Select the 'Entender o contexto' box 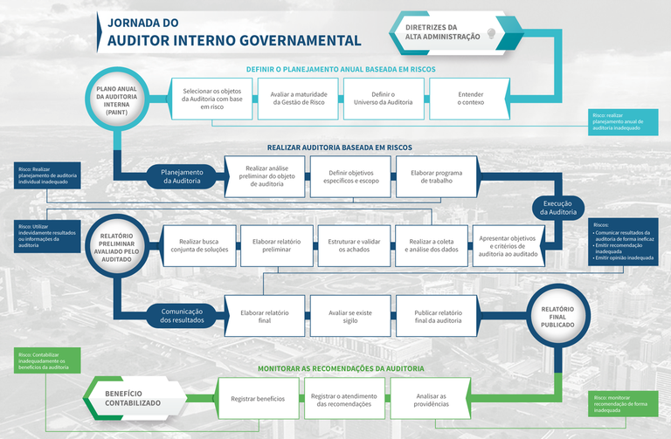pyautogui.click(x=470, y=98)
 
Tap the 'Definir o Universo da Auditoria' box pyautogui.click(x=385, y=98)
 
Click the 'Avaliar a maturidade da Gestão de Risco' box pyautogui.click(x=299, y=98)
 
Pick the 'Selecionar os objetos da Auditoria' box pyautogui.click(x=212, y=98)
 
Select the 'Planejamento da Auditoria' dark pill pyautogui.click(x=182, y=177)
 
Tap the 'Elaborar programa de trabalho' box pyautogui.click(x=437, y=177)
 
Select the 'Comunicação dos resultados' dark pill pyautogui.click(x=182, y=315)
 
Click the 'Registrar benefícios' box pyautogui.click(x=258, y=399)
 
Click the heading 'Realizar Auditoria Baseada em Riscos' pyautogui.click(x=340, y=147)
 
